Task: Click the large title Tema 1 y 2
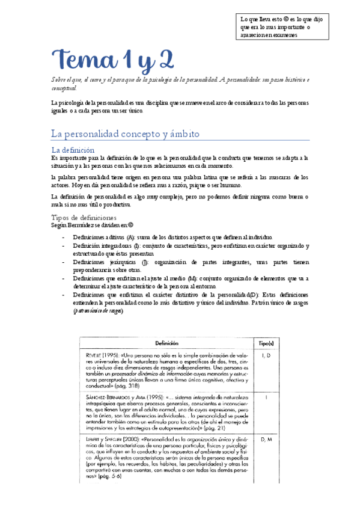112,60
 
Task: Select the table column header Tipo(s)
266,342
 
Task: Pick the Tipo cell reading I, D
266,356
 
